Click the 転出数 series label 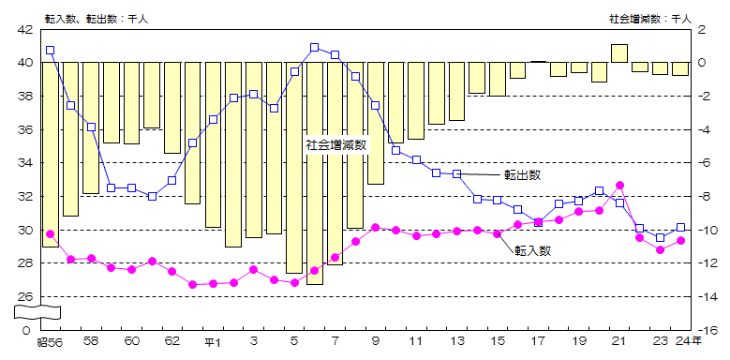coord(522,174)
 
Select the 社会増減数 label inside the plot coord(335,145)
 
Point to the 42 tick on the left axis coord(24,29)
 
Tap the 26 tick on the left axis coord(24,297)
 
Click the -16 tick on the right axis coord(709,331)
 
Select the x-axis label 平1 coord(214,343)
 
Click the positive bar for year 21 coord(619,53)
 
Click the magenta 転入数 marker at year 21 coord(619,186)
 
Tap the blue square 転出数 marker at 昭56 coord(50,51)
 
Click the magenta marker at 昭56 coord(50,233)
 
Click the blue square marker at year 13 coord(457,173)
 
